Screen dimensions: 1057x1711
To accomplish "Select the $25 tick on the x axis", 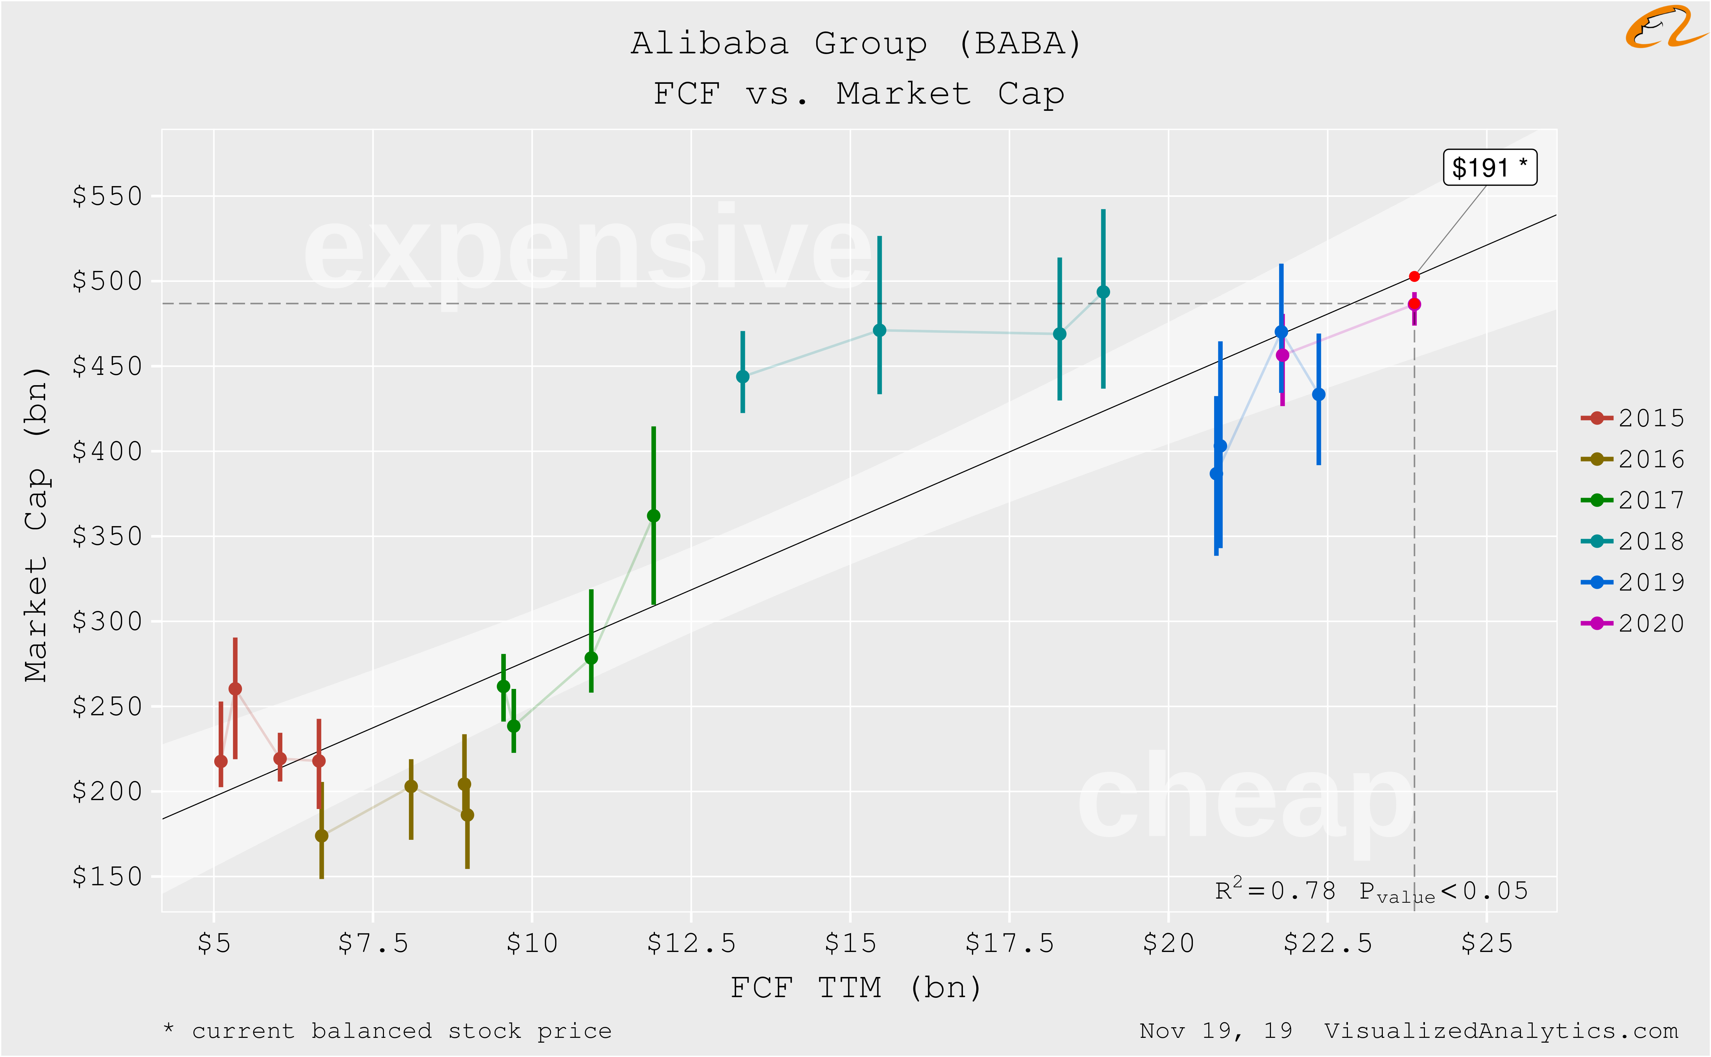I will click(1487, 944).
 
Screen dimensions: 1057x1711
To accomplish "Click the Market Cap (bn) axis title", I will click(36, 524).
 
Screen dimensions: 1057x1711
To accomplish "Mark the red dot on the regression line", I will click(1414, 276).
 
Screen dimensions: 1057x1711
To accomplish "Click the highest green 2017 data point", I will click(653, 516).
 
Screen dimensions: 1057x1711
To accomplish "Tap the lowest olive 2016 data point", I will click(322, 835).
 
